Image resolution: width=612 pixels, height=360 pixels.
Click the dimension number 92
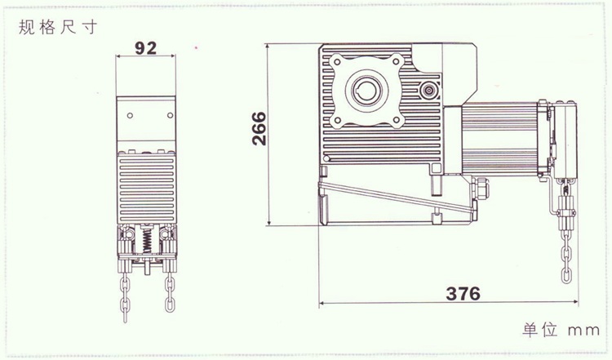(145, 47)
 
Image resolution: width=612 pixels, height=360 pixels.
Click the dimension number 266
(259, 128)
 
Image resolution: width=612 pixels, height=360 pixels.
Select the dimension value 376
(463, 294)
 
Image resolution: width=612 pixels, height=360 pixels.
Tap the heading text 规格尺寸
(57, 27)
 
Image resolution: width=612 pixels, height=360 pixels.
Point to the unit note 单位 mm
(561, 330)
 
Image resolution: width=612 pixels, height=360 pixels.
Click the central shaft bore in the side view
(366, 91)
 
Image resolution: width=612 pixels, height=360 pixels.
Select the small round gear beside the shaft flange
(429, 91)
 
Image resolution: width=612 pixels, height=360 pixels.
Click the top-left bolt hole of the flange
(337, 61)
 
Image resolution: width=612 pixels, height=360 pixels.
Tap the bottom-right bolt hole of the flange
(397, 120)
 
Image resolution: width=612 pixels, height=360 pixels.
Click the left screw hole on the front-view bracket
(130, 115)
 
